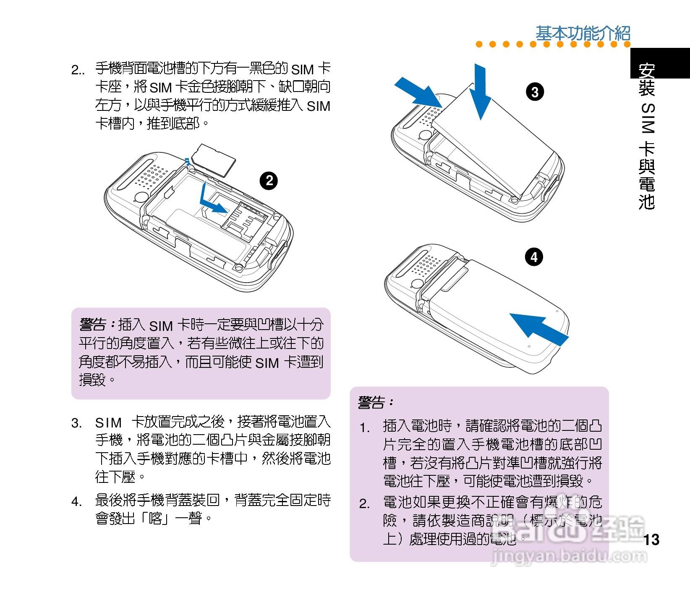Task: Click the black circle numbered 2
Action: point(269,181)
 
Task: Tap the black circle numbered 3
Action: point(535,92)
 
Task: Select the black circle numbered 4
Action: point(534,257)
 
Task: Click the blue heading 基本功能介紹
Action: point(583,33)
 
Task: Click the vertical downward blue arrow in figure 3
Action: point(480,92)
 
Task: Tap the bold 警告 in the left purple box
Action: point(93,325)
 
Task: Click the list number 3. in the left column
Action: point(76,423)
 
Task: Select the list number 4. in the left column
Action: point(76,501)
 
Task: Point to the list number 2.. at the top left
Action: point(78,70)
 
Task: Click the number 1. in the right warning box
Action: point(365,428)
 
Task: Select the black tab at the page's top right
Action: point(660,63)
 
